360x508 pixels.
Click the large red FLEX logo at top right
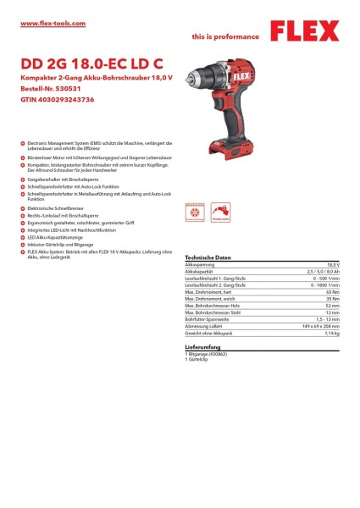click(307, 33)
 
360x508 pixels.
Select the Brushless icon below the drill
click(195, 212)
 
